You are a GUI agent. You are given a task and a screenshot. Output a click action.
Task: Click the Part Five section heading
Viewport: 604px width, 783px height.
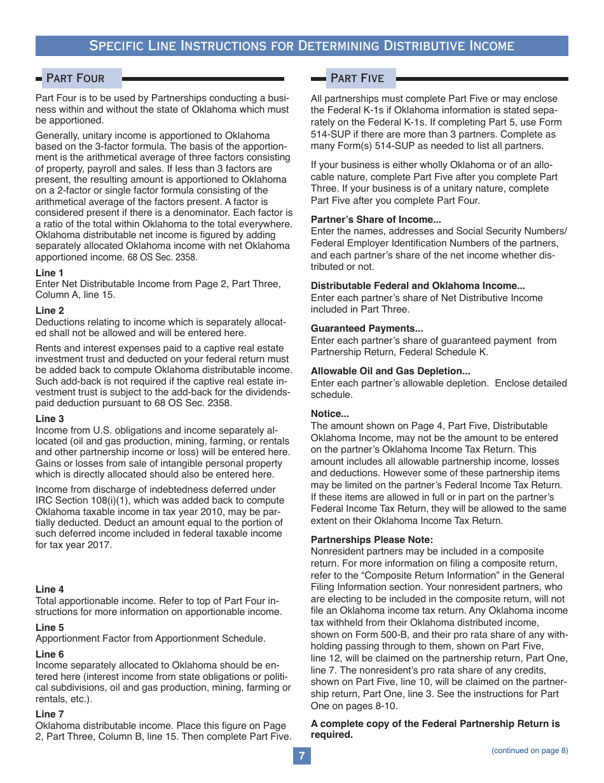357,78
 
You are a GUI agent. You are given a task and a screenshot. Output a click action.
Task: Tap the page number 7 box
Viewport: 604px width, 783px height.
302,756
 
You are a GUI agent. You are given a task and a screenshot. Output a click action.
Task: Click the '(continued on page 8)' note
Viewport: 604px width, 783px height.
530,751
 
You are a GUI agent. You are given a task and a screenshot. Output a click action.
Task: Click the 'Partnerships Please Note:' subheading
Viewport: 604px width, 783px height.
371,539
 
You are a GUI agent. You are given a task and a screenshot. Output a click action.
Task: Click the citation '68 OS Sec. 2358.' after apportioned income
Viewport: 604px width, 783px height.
162,258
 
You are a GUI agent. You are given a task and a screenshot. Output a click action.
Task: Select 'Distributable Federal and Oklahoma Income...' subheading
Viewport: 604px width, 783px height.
418,286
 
